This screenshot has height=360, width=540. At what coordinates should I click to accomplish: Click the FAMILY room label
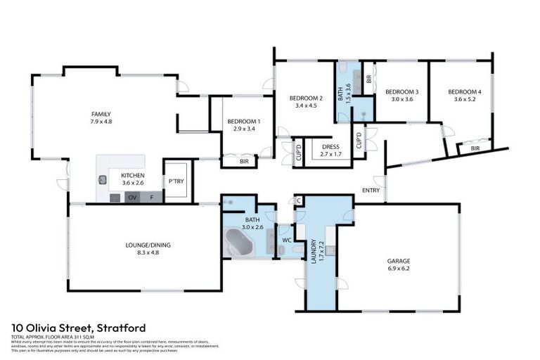click(x=101, y=114)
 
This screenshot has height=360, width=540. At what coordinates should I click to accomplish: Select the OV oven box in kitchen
click(x=131, y=198)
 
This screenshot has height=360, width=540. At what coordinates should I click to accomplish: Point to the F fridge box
click(x=153, y=198)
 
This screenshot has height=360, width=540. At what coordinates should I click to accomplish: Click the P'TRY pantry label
click(x=176, y=181)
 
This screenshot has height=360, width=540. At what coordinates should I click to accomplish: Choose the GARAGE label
click(x=399, y=261)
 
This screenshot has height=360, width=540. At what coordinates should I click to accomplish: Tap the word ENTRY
click(x=371, y=191)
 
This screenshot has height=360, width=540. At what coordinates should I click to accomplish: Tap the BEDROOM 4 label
click(x=465, y=92)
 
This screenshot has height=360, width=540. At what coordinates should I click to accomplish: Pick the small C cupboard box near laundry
click(x=299, y=200)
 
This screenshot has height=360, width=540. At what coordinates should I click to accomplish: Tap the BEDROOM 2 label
click(x=307, y=98)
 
